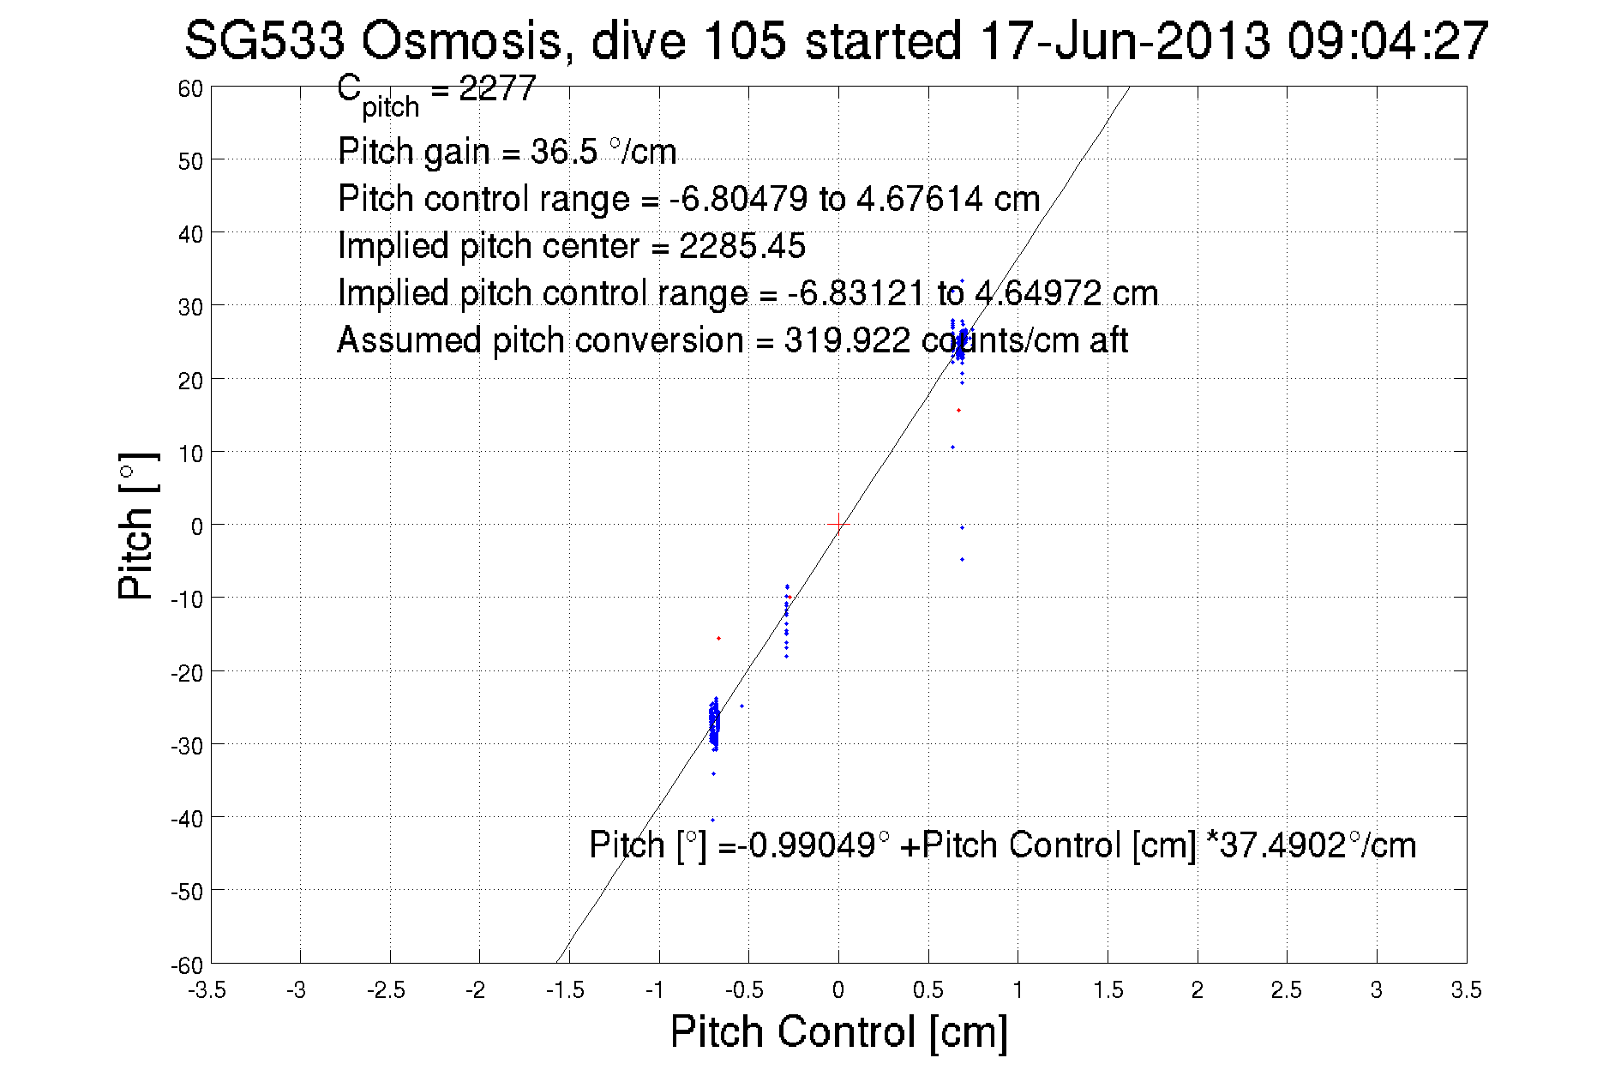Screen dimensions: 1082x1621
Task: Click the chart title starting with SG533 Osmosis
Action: pos(836,40)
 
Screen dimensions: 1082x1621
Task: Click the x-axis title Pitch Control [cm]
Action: pos(838,1031)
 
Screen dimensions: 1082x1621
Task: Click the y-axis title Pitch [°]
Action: pos(137,526)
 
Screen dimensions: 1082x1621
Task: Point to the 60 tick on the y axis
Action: pos(191,88)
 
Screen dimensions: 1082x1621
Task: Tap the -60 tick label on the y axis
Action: pos(186,965)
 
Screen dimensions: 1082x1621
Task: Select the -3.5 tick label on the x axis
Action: pos(208,990)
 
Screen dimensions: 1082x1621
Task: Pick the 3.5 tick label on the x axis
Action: pos(1466,990)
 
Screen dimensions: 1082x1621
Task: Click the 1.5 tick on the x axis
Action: pos(1108,990)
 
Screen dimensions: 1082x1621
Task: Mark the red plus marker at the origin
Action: pos(838,524)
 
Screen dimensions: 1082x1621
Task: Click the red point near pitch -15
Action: pos(718,638)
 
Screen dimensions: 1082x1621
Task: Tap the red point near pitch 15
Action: pos(958,411)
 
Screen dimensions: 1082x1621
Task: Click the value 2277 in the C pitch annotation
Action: pos(497,88)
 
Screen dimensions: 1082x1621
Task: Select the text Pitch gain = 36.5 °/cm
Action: pos(507,152)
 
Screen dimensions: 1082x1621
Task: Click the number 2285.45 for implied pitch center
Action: pos(742,246)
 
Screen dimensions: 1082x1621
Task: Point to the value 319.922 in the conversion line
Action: pos(847,340)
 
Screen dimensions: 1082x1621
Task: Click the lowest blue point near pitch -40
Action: pos(712,820)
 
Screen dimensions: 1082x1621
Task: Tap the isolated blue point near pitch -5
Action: pos(962,559)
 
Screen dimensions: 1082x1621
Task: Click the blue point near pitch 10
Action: pos(952,447)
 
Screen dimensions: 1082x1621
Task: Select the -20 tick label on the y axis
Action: pos(187,673)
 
